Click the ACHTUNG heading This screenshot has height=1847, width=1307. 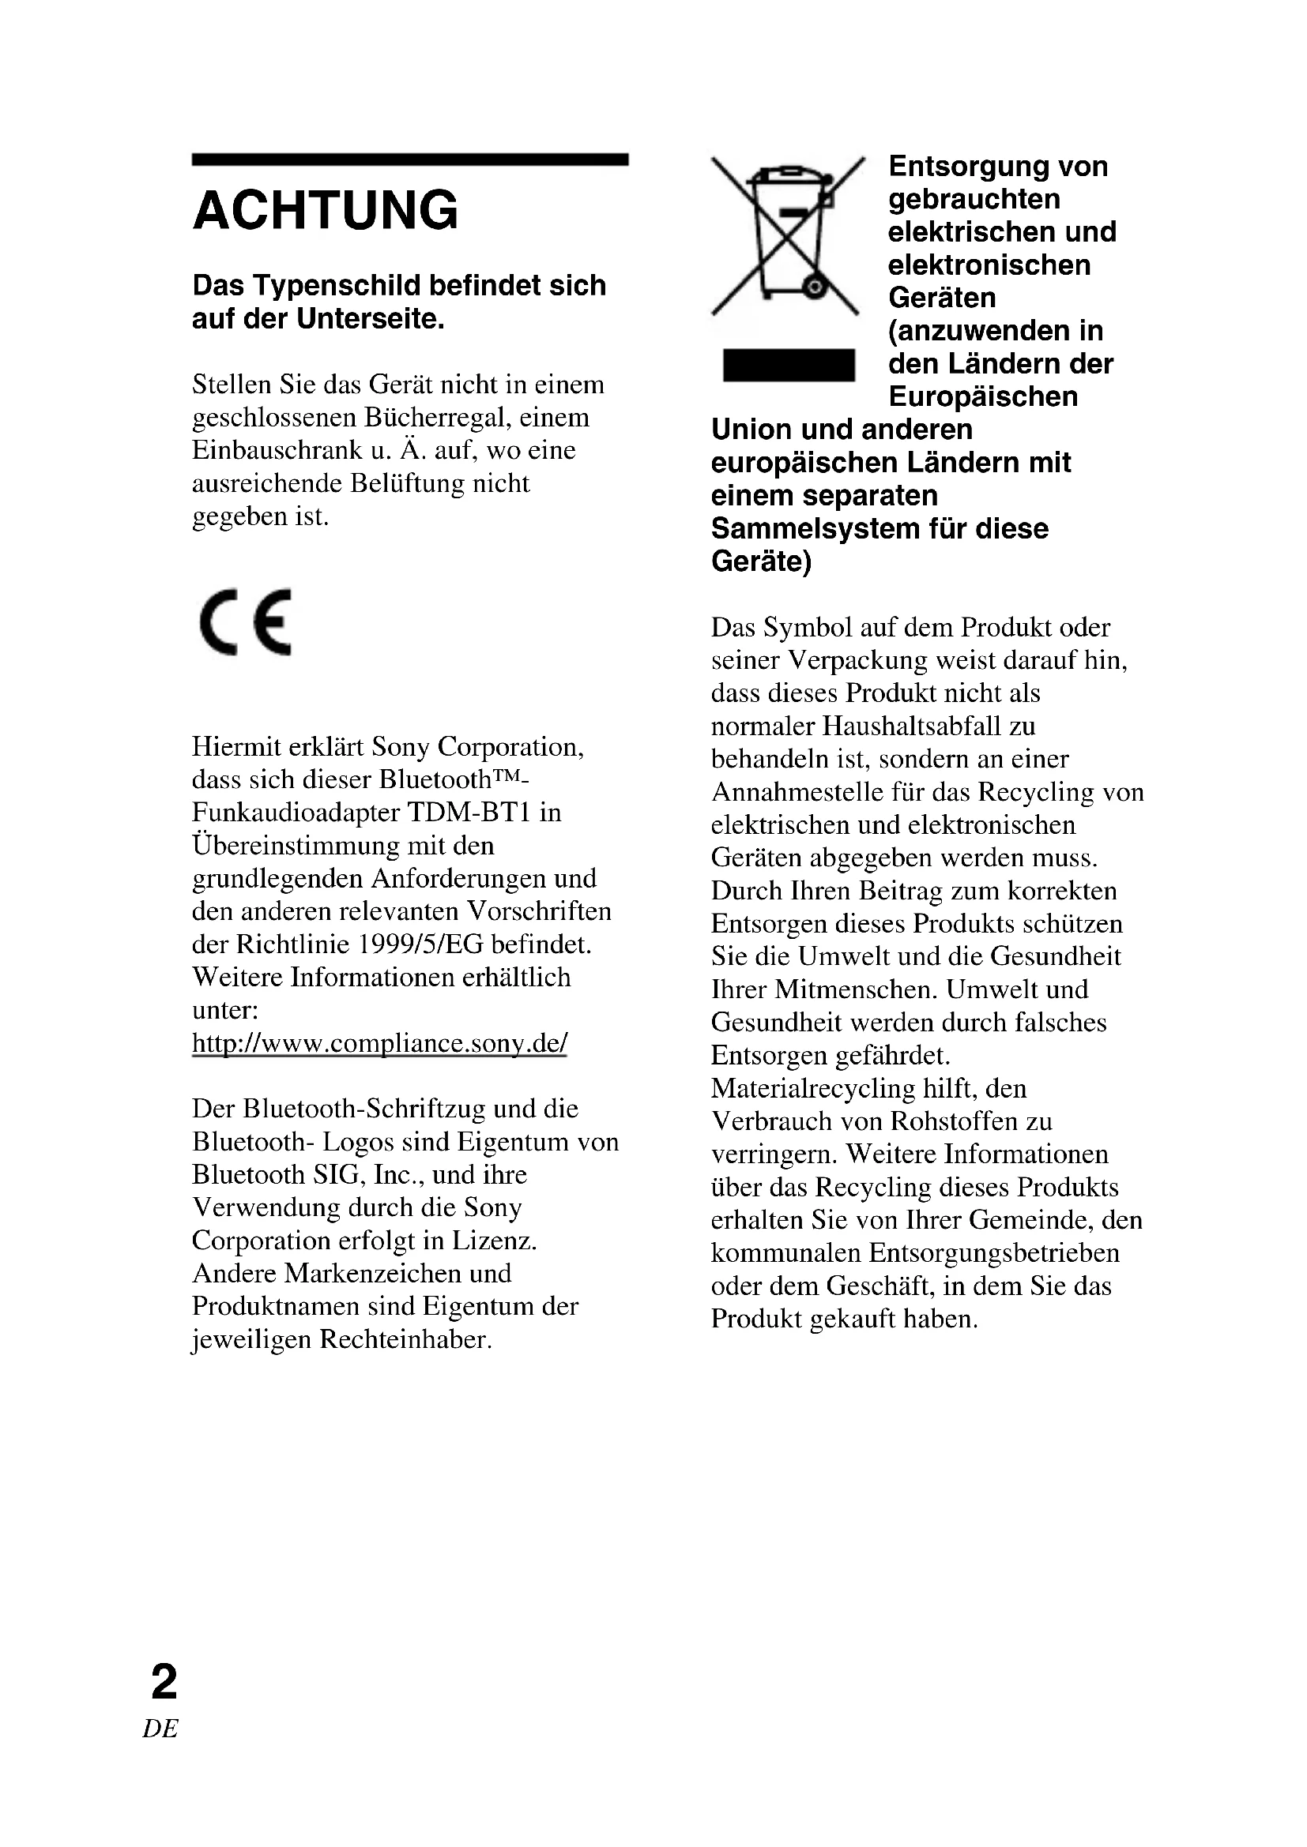coord(325,211)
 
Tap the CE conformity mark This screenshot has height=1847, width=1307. coord(245,622)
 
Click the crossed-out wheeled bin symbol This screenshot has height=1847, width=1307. coord(788,235)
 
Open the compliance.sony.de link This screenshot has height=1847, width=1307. coord(379,1043)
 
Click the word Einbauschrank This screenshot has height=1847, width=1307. coord(277,450)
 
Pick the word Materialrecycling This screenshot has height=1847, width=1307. coord(813,1089)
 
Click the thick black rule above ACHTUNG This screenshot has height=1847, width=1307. coord(409,160)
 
